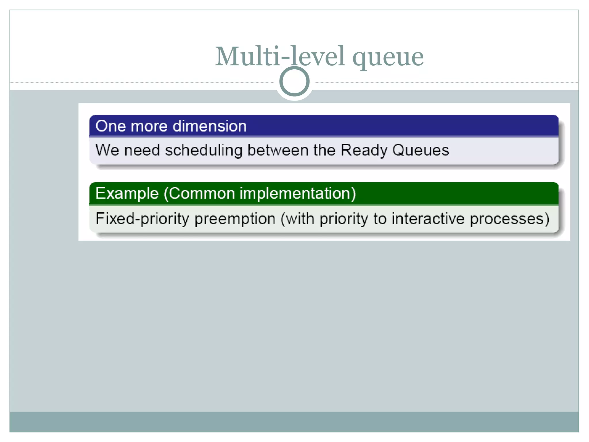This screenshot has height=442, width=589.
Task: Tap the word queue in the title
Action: (x=388, y=58)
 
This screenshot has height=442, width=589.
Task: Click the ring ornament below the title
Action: (x=294, y=81)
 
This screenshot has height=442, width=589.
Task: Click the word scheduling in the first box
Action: (x=204, y=150)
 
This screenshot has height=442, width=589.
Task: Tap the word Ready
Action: (x=364, y=150)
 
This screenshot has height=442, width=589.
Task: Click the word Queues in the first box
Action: (x=420, y=150)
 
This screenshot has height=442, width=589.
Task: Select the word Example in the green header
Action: (x=127, y=193)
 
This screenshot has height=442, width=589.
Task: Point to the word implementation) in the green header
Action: (x=298, y=193)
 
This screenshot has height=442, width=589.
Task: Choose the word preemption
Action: (x=235, y=219)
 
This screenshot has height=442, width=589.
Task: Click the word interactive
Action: (x=428, y=218)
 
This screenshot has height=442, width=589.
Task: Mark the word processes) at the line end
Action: (x=510, y=219)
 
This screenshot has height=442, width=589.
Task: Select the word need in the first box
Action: (x=142, y=150)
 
